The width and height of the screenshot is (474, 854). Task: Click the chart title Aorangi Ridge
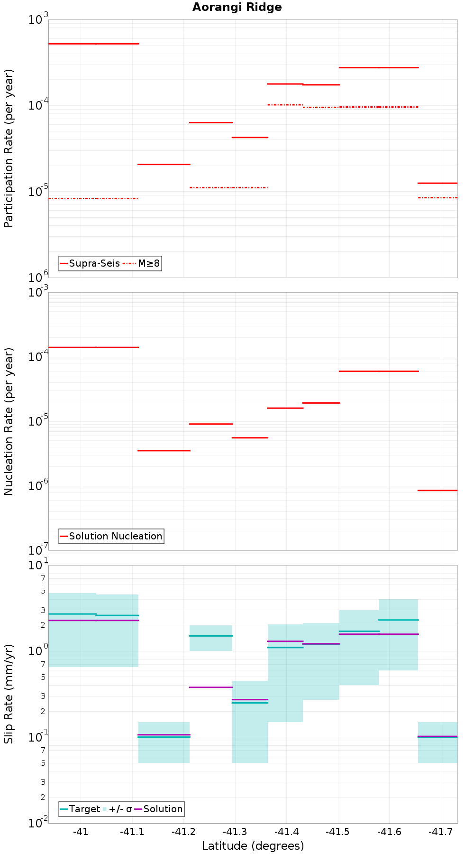[237, 7]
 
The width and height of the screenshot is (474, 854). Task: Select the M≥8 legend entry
[142, 263]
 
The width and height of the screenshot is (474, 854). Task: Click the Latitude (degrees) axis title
[253, 845]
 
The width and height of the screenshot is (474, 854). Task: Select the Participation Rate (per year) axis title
[9, 149]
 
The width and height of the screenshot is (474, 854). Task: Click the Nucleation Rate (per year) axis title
[9, 421]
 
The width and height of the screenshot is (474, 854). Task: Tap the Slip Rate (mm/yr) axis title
[9, 694]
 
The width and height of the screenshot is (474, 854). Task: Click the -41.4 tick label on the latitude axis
[286, 832]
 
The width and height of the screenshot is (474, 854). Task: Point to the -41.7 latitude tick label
[441, 832]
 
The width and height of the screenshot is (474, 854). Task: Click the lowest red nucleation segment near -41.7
[438, 490]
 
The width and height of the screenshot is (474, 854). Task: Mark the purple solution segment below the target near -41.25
[211, 687]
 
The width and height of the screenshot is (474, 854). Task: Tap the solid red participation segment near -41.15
[164, 164]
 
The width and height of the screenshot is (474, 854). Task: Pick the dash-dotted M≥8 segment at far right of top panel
[438, 197]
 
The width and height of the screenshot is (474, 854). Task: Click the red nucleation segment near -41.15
[164, 450]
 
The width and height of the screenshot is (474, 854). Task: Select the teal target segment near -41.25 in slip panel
[211, 636]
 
